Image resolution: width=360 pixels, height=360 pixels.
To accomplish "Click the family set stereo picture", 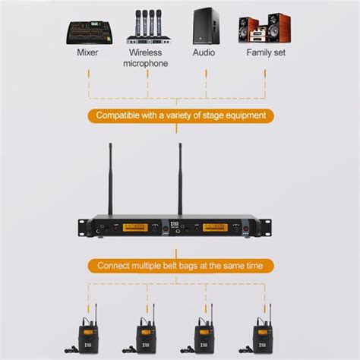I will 264,28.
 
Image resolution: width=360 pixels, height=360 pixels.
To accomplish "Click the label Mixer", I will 87,53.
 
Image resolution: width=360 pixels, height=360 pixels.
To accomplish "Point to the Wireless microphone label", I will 147,58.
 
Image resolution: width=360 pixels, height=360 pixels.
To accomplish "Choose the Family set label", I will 266,53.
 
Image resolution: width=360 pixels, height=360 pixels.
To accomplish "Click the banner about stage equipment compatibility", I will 180,116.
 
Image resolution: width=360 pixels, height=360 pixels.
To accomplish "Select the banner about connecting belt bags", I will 180,266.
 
